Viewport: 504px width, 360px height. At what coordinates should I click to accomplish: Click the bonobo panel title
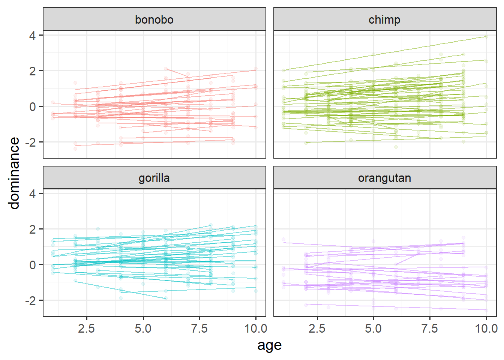pyautogui.click(x=154, y=19)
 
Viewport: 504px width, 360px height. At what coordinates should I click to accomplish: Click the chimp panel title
pyautogui.click(x=384, y=19)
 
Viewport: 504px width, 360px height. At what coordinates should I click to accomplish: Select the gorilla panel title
pyautogui.click(x=154, y=178)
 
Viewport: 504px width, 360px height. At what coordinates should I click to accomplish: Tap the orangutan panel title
pyautogui.click(x=384, y=178)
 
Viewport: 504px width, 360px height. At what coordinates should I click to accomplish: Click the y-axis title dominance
pyautogui.click(x=14, y=173)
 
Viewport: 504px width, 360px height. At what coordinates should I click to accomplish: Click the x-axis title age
pyautogui.click(x=269, y=345)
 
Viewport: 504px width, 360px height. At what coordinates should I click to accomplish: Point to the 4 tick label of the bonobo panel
pyautogui.click(x=33, y=36)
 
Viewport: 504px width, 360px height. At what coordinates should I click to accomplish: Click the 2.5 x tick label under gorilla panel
pyautogui.click(x=87, y=329)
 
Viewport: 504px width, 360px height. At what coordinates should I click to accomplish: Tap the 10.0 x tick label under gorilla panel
pyautogui.click(x=256, y=329)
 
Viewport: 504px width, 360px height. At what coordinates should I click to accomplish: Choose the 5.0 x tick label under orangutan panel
pyautogui.click(x=373, y=329)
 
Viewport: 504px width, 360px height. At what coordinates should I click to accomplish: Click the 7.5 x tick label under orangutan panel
pyautogui.click(x=430, y=329)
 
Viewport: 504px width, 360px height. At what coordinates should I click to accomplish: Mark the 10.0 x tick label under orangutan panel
pyautogui.click(x=486, y=329)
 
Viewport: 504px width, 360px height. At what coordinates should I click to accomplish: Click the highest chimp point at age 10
pyautogui.click(x=486, y=37)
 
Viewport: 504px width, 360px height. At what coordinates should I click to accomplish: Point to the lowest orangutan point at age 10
pyautogui.click(x=486, y=310)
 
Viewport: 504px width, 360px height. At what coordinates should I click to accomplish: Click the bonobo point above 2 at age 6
pyautogui.click(x=166, y=69)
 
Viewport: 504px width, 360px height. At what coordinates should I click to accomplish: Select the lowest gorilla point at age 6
pyautogui.click(x=166, y=298)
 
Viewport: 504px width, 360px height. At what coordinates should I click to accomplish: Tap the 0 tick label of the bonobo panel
pyautogui.click(x=33, y=107)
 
